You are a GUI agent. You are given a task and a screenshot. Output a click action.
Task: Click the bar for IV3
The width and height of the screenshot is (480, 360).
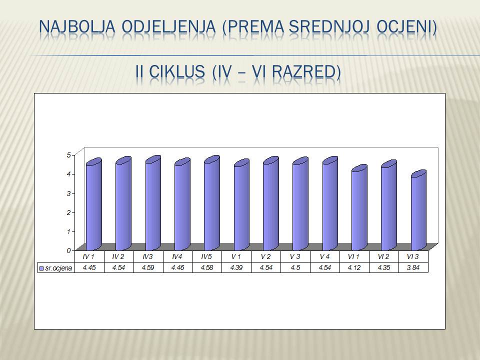[153, 203]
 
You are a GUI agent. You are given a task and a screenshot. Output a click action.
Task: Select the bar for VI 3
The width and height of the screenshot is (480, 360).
[418, 210]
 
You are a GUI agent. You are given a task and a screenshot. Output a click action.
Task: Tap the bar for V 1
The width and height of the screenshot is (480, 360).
[241, 205]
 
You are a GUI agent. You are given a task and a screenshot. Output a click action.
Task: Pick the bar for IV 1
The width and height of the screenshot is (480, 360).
[94, 204]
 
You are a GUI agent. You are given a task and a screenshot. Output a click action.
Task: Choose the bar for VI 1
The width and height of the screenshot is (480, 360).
[359, 208]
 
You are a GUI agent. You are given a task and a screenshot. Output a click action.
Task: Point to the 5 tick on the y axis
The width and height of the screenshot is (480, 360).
[69, 155]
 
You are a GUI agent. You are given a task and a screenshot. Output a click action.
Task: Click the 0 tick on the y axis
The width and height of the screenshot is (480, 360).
[69, 250]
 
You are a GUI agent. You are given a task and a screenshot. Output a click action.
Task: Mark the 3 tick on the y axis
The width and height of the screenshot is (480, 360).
[69, 193]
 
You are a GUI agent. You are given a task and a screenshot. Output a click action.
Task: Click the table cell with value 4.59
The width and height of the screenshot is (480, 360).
[148, 267]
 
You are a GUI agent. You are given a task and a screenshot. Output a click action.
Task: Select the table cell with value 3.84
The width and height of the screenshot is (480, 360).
[413, 267]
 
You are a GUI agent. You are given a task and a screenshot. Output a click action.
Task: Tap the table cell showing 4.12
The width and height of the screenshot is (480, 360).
[354, 267]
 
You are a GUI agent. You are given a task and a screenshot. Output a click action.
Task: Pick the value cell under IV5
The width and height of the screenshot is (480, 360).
[207, 267]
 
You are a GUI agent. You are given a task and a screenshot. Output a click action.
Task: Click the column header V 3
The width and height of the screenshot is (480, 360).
[295, 257]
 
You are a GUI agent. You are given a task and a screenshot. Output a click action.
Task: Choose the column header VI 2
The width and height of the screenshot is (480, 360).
[383, 257]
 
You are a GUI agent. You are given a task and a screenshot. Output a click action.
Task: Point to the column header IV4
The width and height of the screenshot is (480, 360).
[177, 257]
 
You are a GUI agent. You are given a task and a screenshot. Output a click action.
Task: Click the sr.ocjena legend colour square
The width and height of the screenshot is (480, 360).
[41, 268]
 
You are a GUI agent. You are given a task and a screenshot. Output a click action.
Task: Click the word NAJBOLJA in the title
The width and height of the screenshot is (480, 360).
[77, 26]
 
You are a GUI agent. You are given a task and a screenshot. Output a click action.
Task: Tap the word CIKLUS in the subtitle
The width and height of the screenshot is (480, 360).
[177, 71]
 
